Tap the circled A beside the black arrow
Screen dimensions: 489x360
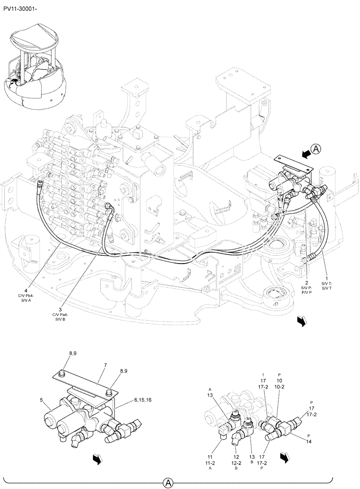(x=317, y=150)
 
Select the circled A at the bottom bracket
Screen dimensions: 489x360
(x=167, y=483)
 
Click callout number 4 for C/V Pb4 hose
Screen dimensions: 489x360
(x=32, y=291)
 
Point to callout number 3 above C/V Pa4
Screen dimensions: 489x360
(x=60, y=310)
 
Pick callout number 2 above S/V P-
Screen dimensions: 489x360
(x=306, y=283)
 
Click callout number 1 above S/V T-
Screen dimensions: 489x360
(x=327, y=278)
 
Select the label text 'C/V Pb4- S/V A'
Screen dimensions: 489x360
(x=32, y=299)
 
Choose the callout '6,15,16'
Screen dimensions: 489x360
(x=142, y=400)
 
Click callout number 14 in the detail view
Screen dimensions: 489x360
(x=309, y=441)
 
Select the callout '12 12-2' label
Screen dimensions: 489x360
(x=236, y=449)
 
